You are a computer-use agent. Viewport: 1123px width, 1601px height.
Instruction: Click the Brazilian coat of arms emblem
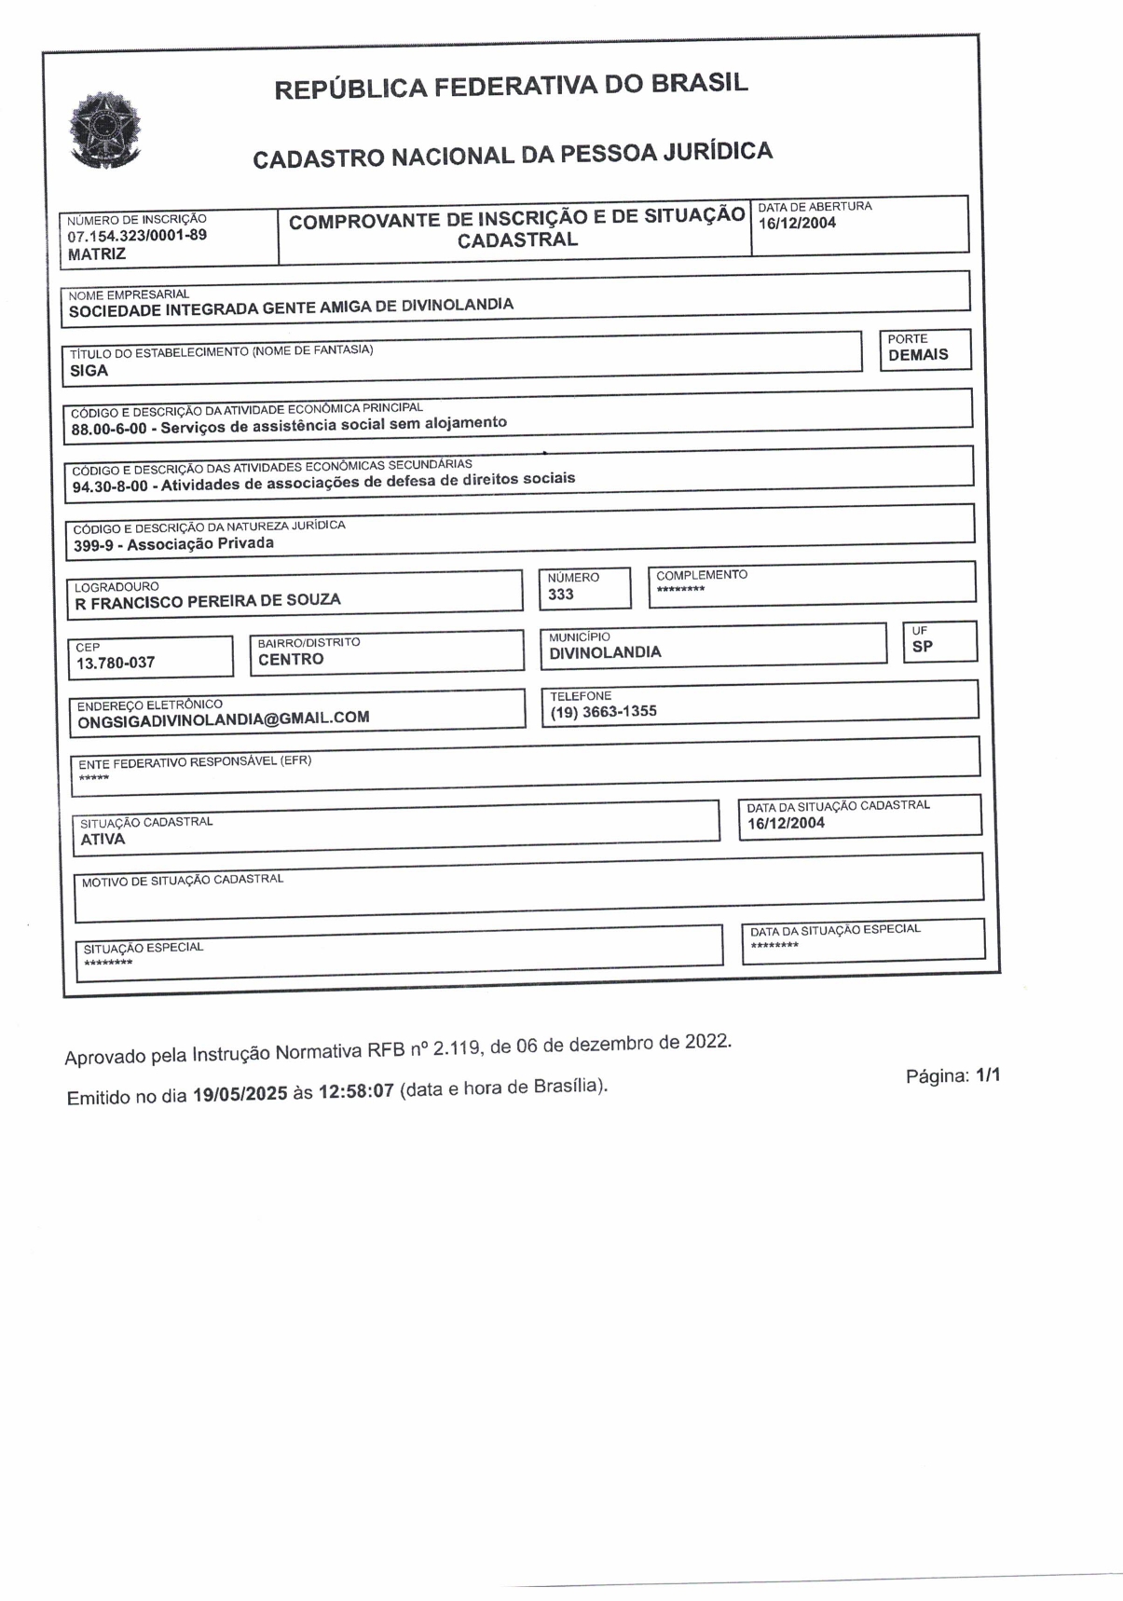pyautogui.click(x=103, y=130)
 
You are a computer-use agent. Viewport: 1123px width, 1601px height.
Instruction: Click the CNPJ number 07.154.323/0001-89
pyautogui.click(x=137, y=236)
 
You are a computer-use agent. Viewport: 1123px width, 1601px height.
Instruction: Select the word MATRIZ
pyautogui.click(x=96, y=253)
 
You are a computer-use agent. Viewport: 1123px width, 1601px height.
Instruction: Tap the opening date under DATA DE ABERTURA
pyautogui.click(x=797, y=223)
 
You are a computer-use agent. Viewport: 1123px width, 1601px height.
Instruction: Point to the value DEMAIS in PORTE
pyautogui.click(x=918, y=355)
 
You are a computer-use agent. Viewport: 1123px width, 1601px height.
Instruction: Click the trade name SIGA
pyautogui.click(x=89, y=371)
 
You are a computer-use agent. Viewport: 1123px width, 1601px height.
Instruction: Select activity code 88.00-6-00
pyautogui.click(x=109, y=430)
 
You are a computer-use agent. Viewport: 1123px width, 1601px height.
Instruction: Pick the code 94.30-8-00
pyautogui.click(x=110, y=486)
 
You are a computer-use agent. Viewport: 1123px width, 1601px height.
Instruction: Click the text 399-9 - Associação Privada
pyautogui.click(x=173, y=544)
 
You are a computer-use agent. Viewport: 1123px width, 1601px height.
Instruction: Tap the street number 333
pyautogui.click(x=561, y=595)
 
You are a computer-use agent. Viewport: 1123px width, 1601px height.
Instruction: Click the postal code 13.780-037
pyautogui.click(x=116, y=664)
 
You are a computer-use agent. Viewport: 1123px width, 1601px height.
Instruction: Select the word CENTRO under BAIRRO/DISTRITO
pyautogui.click(x=291, y=660)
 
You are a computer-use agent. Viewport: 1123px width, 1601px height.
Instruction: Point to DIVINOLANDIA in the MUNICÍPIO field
pyautogui.click(x=605, y=652)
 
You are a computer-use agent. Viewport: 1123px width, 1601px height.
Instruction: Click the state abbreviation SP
pyautogui.click(x=922, y=647)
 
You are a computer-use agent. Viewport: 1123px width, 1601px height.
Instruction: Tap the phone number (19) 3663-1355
pyautogui.click(x=603, y=712)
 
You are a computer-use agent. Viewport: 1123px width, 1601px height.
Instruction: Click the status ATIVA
pyautogui.click(x=103, y=839)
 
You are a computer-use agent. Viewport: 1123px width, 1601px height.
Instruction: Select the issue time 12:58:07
pyautogui.click(x=356, y=1091)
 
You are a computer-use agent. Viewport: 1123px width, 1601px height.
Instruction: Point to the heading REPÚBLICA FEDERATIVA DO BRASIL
pyautogui.click(x=511, y=86)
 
